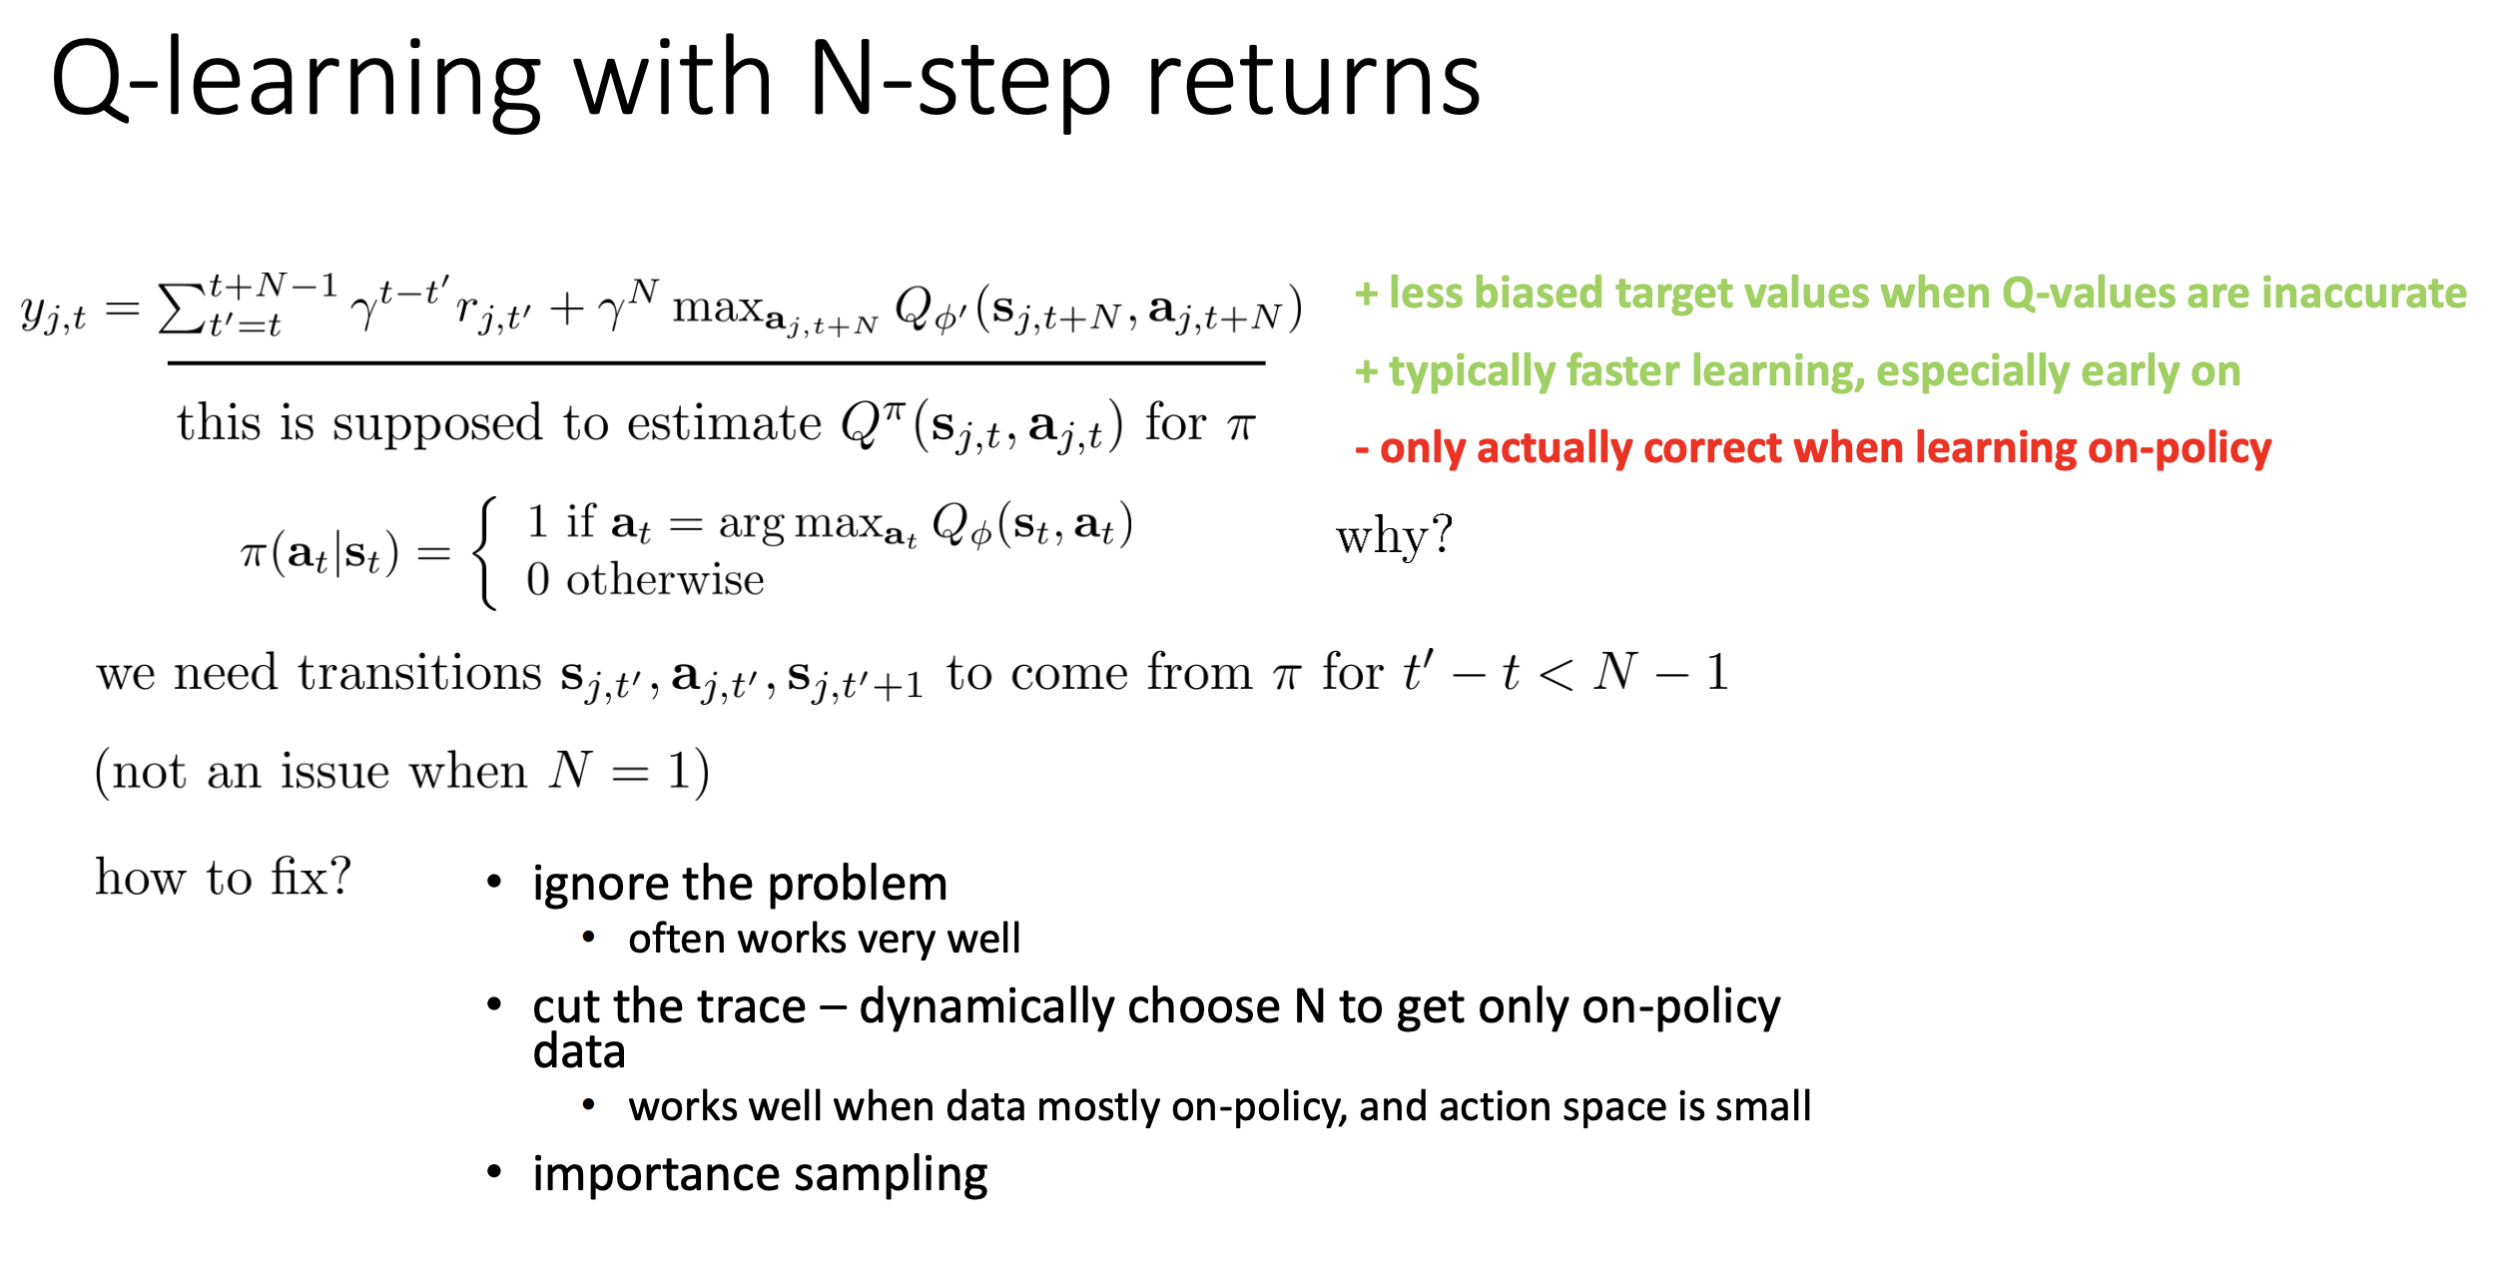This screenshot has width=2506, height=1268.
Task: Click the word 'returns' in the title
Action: coord(1313,80)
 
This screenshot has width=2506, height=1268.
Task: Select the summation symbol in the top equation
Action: coord(182,309)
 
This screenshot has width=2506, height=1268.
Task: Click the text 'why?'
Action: coord(1394,536)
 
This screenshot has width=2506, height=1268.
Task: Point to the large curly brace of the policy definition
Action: coord(485,554)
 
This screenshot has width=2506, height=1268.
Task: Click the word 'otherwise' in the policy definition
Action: coord(665,580)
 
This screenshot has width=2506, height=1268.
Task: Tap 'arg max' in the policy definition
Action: coord(800,523)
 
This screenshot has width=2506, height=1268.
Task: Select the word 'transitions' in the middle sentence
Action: coord(419,672)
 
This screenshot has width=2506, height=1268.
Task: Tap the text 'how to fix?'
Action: coord(224,878)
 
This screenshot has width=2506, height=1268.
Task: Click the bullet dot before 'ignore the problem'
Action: coord(494,882)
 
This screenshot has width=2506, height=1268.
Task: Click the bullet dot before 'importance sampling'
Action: coord(494,1172)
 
